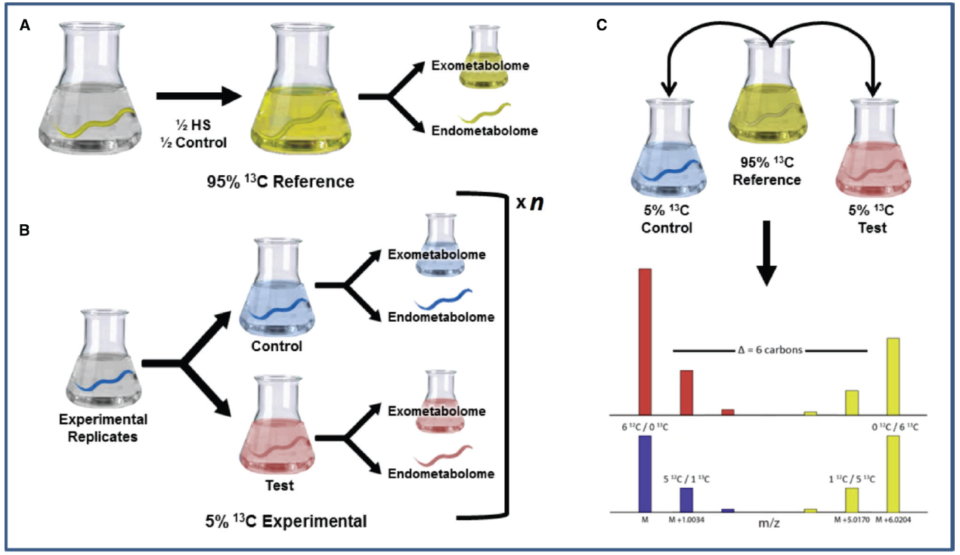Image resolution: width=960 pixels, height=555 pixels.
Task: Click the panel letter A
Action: click(x=26, y=26)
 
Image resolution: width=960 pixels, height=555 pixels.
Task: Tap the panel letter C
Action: click(x=602, y=26)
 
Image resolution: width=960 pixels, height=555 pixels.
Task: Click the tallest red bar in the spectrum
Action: click(x=645, y=341)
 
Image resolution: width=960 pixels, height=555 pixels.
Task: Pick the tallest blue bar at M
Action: click(x=645, y=473)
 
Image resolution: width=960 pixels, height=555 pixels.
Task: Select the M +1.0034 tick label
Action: click(x=686, y=520)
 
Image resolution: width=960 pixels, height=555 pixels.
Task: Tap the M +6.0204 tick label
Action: click(x=893, y=520)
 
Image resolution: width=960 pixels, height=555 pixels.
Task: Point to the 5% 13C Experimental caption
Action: click(x=286, y=520)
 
